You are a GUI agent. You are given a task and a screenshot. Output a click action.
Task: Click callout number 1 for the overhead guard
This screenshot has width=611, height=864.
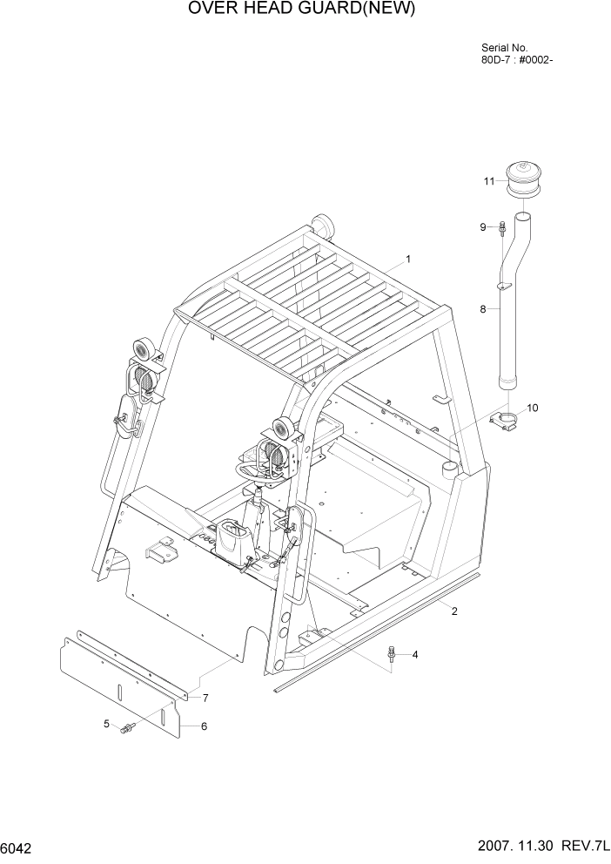coord(408,259)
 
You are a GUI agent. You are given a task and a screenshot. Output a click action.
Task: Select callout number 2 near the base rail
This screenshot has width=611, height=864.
coord(454,611)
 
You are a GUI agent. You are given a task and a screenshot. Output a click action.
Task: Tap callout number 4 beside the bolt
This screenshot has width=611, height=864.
coord(415,654)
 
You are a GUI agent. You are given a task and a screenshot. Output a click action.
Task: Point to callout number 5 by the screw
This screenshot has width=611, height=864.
coord(106,723)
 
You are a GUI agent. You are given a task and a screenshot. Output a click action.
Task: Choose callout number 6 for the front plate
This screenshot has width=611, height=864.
coord(204,726)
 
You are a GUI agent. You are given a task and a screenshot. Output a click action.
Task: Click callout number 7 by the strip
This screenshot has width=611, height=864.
coord(205,698)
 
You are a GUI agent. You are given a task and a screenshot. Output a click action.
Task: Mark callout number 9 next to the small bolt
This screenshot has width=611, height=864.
coord(482,227)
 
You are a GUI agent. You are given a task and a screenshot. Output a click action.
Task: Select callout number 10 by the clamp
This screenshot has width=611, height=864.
coord(533,407)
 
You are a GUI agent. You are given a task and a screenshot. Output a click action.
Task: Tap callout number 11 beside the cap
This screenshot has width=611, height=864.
coord(489,181)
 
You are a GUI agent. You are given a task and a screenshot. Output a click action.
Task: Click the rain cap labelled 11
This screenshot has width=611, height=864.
coord(524,185)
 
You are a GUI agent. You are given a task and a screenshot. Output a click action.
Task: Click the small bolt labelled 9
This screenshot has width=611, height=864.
coord(503,229)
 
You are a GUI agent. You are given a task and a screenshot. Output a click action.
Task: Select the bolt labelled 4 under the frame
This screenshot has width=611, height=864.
coord(393,652)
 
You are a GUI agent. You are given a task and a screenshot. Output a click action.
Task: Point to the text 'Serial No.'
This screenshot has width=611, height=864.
coord(504,48)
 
